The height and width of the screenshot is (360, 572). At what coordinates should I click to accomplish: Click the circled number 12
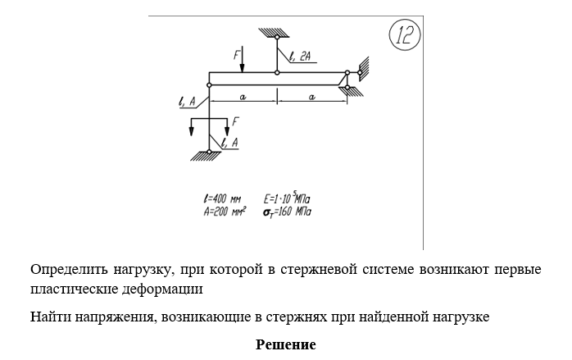[405, 35]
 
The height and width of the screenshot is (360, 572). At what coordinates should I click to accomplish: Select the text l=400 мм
[222, 199]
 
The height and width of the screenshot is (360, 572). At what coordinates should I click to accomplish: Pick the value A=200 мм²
[225, 212]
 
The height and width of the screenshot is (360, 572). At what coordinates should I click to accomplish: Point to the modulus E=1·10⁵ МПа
[287, 198]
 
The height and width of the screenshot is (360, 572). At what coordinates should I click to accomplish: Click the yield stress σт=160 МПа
[287, 212]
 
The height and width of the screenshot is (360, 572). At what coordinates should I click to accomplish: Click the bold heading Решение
[286, 344]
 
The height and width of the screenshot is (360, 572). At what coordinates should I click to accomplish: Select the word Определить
[69, 270]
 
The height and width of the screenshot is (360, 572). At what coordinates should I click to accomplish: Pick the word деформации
[162, 289]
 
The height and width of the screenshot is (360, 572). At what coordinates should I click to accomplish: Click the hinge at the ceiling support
[277, 37]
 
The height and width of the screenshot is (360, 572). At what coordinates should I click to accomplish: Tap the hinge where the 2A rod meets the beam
[277, 73]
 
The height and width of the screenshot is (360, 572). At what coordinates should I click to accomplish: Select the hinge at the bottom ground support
[209, 152]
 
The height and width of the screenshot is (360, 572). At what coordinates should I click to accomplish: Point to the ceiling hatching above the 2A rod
[274, 33]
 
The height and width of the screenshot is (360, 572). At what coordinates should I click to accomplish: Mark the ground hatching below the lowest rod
[206, 156]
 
